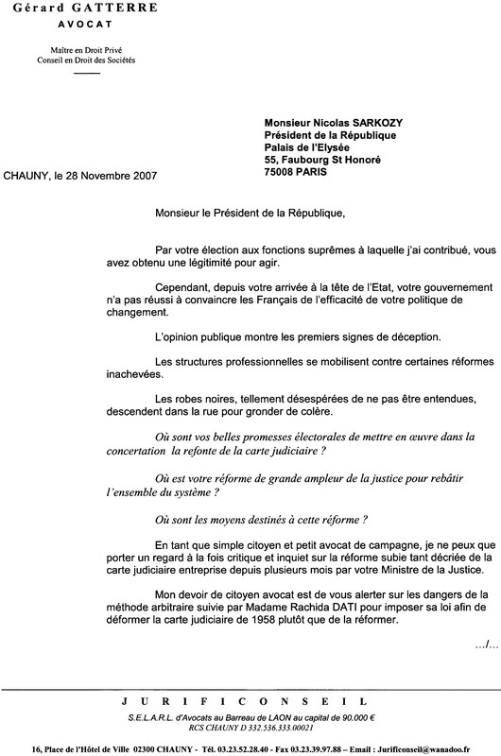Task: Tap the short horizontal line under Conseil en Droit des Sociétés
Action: [x=86, y=73]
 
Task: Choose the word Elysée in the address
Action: [x=347, y=147]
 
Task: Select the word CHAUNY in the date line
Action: [x=28, y=176]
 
